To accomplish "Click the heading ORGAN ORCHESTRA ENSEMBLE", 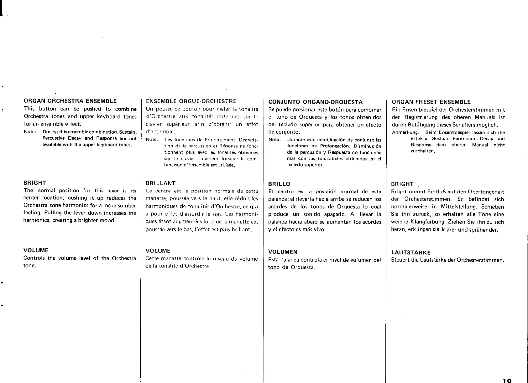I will [70, 101].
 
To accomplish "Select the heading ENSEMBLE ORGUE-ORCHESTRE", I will [191, 101].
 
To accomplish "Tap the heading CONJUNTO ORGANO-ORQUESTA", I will [315, 102].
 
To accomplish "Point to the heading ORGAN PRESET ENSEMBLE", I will [431, 102].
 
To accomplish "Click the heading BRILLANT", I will [161, 183].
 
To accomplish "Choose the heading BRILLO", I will [279, 184].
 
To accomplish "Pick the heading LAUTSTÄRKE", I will [411, 253].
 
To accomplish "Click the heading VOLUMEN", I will [283, 252].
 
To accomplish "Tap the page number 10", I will [507, 380].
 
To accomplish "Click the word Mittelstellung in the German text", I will [459, 207].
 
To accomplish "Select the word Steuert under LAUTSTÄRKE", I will [400, 260].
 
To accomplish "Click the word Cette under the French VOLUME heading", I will [152, 259].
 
